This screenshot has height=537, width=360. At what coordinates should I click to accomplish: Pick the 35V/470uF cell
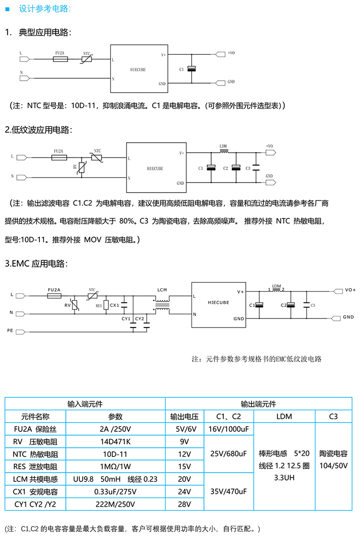click(x=228, y=492)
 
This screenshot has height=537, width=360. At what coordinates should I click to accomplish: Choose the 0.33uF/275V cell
click(x=112, y=492)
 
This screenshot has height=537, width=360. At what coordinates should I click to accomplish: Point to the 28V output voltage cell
click(x=184, y=504)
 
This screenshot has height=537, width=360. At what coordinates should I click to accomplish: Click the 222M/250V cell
click(x=112, y=504)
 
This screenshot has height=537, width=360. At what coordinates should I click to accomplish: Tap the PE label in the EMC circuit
click(x=10, y=330)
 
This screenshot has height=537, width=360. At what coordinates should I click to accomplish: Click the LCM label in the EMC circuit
click(x=161, y=290)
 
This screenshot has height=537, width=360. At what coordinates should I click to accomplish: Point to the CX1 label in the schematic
click(x=114, y=305)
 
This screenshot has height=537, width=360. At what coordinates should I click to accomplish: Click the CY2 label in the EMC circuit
click(x=140, y=318)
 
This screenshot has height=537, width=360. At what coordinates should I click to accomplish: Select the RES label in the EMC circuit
click(x=99, y=305)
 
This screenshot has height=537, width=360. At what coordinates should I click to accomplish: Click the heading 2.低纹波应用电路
click(x=38, y=130)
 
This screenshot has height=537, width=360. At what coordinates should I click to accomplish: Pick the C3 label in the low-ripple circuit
click(x=248, y=168)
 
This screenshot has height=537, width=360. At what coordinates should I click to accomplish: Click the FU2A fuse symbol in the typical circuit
click(x=60, y=59)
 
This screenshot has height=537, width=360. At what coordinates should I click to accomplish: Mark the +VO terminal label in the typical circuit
click(x=231, y=53)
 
